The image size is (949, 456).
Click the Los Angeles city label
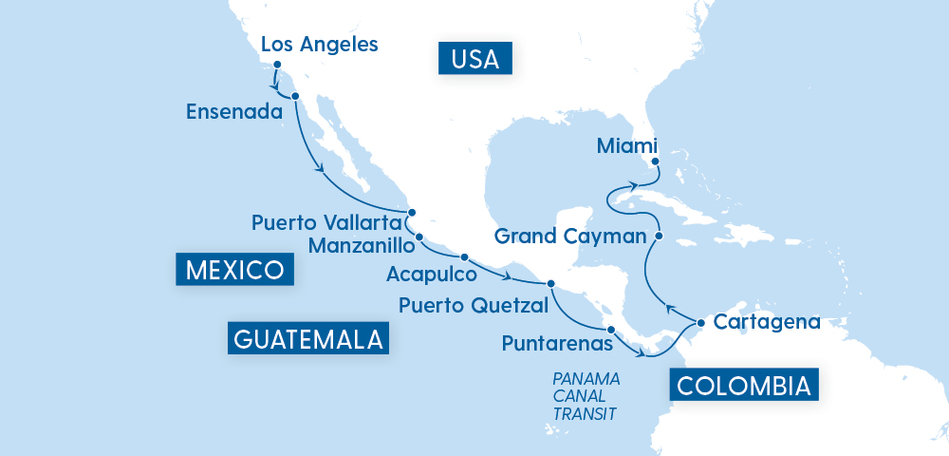coord(319,44)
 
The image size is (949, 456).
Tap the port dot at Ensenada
coord(295,96)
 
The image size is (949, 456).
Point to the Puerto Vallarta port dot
coord(411,213)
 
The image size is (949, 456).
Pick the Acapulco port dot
coord(464,257)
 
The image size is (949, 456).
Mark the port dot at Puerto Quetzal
coord(549,283)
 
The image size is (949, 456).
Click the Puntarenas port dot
coord(611,330)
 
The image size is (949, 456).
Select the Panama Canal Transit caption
coord(586,396)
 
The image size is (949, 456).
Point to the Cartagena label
coord(767,322)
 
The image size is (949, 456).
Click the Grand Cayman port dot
coord(659,235)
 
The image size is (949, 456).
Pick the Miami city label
coord(627,146)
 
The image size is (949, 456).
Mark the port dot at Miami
coord(655,162)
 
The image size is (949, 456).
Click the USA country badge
coord(475,59)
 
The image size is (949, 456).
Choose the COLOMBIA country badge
coord(744,386)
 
